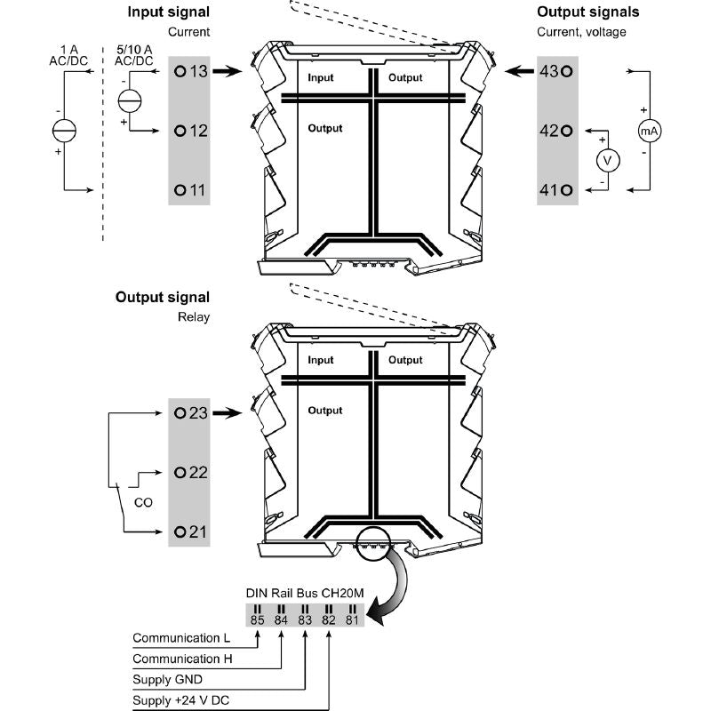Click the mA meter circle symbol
pos(650,131)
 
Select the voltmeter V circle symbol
pos(608,161)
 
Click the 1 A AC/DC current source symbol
pos(64,132)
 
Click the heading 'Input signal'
pos(169,12)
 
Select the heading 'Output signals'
pos(587,12)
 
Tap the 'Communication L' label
pos(180,638)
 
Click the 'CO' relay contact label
pos(142,502)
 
